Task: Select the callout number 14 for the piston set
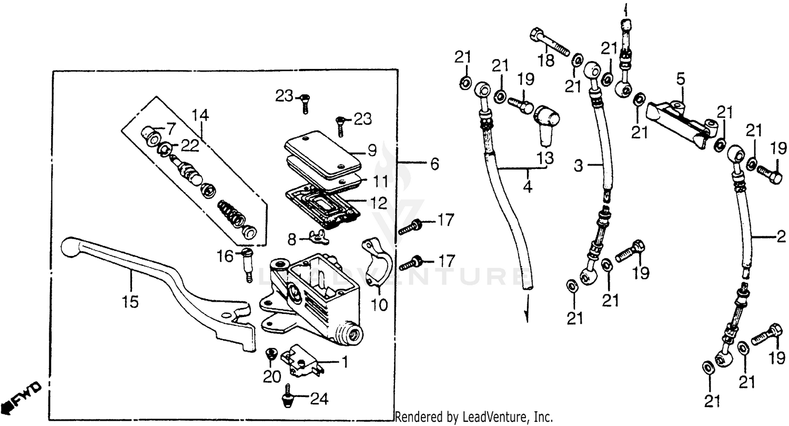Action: point(200,114)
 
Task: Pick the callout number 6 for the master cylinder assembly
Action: point(434,165)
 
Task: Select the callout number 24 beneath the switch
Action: point(318,400)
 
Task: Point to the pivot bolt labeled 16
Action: point(247,263)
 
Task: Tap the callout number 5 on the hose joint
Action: point(680,80)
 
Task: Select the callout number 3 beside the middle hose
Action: point(578,166)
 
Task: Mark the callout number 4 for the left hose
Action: point(528,186)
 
